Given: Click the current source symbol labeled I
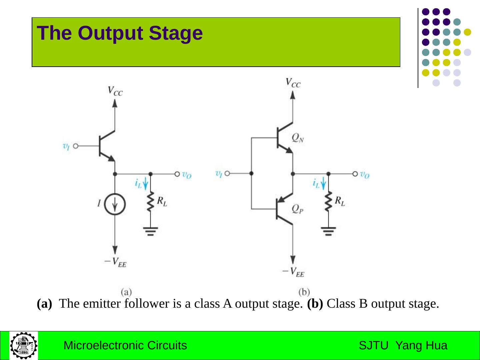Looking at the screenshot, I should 115,204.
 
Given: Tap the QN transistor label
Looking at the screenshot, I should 298,138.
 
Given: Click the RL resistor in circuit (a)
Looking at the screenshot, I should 151,201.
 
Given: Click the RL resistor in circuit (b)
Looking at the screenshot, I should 329,201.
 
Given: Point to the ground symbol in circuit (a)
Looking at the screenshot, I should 151,231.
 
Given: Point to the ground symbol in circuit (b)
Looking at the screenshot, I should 329,231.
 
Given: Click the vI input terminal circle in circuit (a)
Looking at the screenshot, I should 76,146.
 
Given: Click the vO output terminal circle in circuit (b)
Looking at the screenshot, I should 355,174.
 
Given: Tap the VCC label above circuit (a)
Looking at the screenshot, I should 115,91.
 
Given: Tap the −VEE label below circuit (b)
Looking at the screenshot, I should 293,272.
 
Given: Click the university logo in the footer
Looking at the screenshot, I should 24,345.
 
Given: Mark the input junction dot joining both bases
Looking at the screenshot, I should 251,173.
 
